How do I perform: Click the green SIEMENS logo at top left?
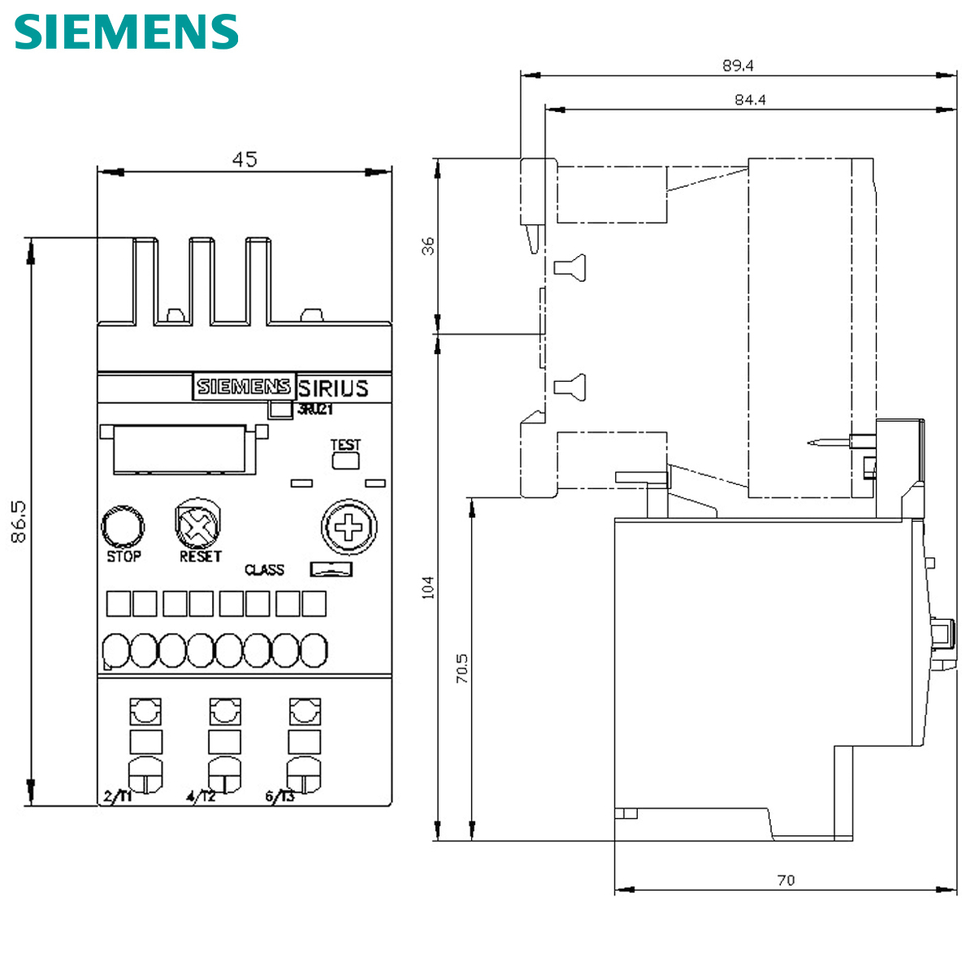[x=126, y=32]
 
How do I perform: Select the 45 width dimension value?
[x=244, y=159]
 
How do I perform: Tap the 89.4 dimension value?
[x=738, y=66]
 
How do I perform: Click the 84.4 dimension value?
[x=750, y=100]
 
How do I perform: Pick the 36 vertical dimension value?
[x=427, y=245]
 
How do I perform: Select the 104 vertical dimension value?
[x=427, y=587]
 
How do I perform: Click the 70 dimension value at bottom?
[x=786, y=880]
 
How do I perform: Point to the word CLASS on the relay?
[x=265, y=570]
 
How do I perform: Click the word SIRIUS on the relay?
[x=333, y=388]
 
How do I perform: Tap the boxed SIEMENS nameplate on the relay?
[x=244, y=387]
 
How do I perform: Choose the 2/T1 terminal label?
[x=118, y=796]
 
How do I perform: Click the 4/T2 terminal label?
[x=201, y=796]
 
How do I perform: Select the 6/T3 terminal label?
[x=280, y=796]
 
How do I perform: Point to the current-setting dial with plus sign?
[x=349, y=528]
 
